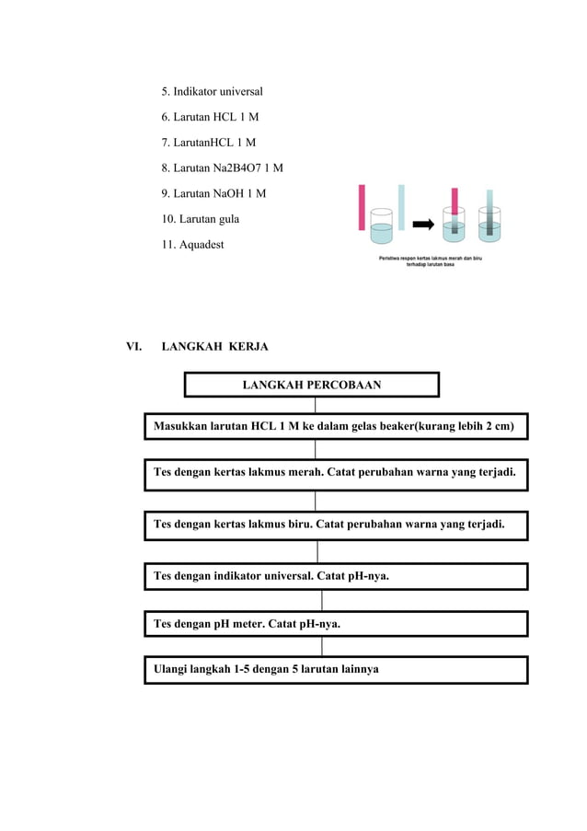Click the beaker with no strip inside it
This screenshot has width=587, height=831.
click(381, 226)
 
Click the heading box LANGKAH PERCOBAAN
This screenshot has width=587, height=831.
click(311, 385)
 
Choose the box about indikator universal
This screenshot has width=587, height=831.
click(335, 577)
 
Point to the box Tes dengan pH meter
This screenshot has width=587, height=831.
click(335, 624)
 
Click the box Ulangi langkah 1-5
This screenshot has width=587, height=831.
click(335, 670)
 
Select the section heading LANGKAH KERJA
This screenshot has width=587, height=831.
click(214, 347)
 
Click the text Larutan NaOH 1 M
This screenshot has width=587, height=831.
click(213, 193)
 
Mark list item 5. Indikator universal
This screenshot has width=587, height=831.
click(212, 92)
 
